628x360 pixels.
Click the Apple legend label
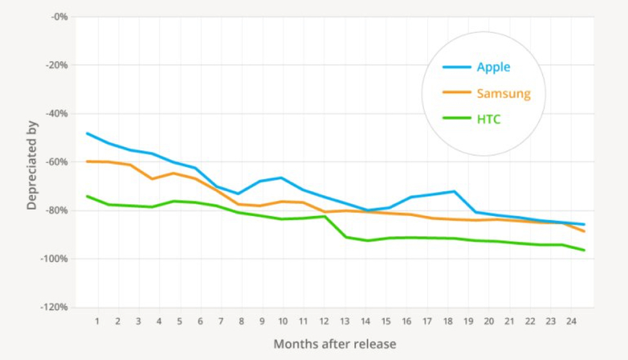coord(493,67)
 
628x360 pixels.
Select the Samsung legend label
coord(503,94)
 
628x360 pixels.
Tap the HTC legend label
coord(489,119)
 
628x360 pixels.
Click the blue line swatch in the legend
coord(457,67)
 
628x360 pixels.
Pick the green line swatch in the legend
coord(457,118)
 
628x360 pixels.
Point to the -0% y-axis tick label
coord(58,16)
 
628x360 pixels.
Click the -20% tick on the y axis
coord(56,65)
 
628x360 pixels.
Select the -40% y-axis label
coord(56,114)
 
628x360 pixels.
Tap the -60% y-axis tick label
coord(56,162)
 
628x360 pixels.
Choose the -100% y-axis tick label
coord(55,259)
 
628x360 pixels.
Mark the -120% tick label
coord(55,307)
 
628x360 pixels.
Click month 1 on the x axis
coord(97,321)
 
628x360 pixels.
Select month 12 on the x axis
coord(324,321)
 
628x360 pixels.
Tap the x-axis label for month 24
coord(571,321)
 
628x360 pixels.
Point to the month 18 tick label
coord(448,321)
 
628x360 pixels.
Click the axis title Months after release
coord(335,344)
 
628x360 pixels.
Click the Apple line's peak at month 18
coord(453,191)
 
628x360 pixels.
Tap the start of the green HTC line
coord(87,196)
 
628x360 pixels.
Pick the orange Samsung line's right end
coord(584,231)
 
